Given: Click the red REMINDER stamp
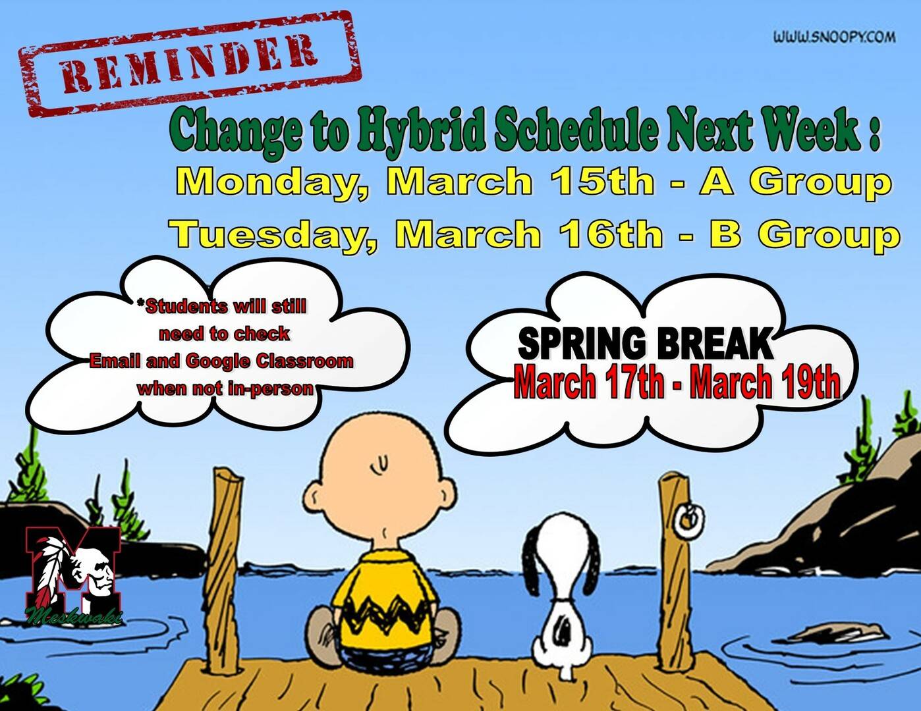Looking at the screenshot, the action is point(190,63).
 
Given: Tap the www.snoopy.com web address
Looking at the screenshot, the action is point(835,38).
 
